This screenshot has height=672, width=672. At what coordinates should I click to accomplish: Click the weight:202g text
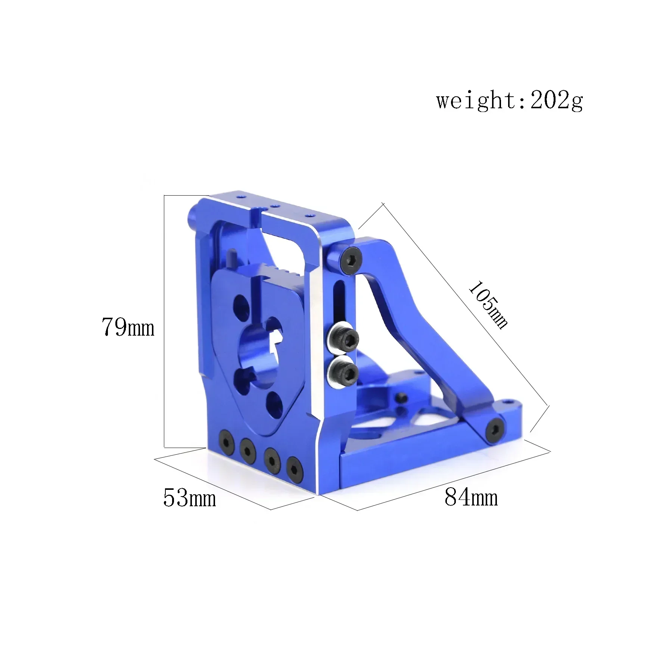509,100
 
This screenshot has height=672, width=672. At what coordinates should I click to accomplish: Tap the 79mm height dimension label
128,327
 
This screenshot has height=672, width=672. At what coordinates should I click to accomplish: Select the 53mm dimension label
190,498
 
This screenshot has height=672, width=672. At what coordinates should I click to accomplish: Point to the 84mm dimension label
471,497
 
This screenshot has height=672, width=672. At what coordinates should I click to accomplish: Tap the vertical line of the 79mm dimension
164,321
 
